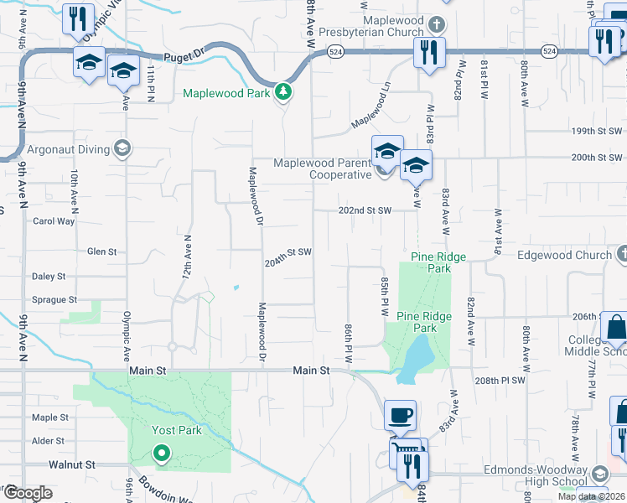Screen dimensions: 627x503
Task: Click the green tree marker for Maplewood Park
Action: coord(283,92)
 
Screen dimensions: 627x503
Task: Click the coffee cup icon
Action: coord(400,415)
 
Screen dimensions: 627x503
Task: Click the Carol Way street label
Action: coord(54,221)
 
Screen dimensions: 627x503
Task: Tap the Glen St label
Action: coord(101,251)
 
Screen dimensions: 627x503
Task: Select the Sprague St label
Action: coord(54,298)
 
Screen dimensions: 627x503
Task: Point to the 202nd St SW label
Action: coord(365,210)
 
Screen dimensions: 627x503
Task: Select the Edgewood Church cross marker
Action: coord(621,253)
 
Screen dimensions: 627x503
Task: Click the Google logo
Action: coord(28,493)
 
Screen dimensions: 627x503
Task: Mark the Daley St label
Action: coord(49,276)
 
